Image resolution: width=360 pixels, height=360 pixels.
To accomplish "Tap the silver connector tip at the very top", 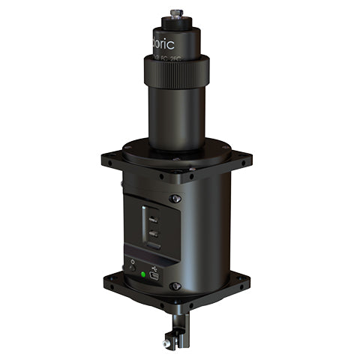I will (177, 13).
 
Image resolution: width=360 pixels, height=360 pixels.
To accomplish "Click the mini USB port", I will (154, 277).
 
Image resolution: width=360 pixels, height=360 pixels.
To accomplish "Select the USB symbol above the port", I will (153, 265).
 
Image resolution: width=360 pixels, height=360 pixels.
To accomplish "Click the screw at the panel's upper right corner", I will (175, 199).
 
